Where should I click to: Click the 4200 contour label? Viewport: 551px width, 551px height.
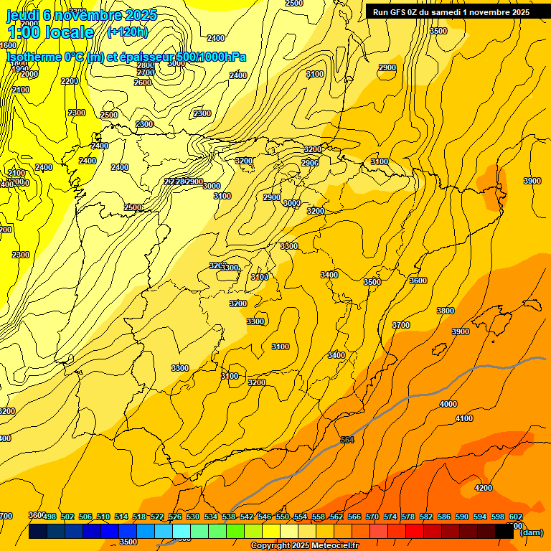(x=484, y=488)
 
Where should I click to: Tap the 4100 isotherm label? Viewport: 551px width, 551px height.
(x=464, y=418)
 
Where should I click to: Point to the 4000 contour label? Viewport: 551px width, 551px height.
(x=448, y=404)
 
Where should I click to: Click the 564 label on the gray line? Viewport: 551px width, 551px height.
(x=347, y=440)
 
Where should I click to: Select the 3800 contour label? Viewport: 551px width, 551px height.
(x=446, y=311)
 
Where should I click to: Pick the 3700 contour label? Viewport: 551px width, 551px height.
(x=401, y=325)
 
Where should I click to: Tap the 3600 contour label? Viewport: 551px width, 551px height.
(x=418, y=281)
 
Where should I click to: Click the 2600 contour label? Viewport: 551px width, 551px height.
(x=143, y=83)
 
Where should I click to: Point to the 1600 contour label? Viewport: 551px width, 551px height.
(x=8, y=45)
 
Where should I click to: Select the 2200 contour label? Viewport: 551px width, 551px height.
(x=70, y=81)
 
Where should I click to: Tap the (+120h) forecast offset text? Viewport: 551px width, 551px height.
(x=127, y=32)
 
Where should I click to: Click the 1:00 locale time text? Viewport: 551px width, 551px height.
(x=50, y=32)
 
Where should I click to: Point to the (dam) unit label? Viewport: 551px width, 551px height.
(x=531, y=532)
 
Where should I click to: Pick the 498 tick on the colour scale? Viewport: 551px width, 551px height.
(x=50, y=517)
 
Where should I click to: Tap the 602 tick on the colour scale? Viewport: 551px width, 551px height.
(x=515, y=517)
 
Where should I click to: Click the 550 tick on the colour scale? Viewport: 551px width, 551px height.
(x=283, y=517)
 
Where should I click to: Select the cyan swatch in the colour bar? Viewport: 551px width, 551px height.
(x=181, y=532)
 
